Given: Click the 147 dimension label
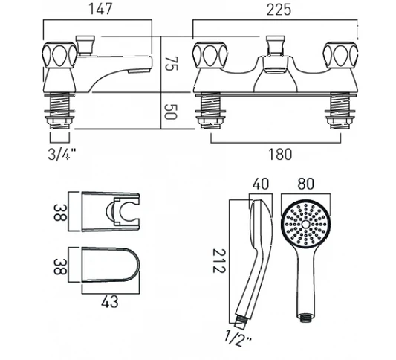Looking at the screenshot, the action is (x=100, y=10).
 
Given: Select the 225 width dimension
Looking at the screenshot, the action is (x=279, y=10).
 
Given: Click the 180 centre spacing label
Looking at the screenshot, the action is (x=280, y=154).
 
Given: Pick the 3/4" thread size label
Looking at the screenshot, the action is (x=62, y=154).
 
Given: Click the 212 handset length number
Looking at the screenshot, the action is (x=218, y=260).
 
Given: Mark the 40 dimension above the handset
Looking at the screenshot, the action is (x=261, y=184).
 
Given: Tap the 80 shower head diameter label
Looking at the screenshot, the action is (x=305, y=184).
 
